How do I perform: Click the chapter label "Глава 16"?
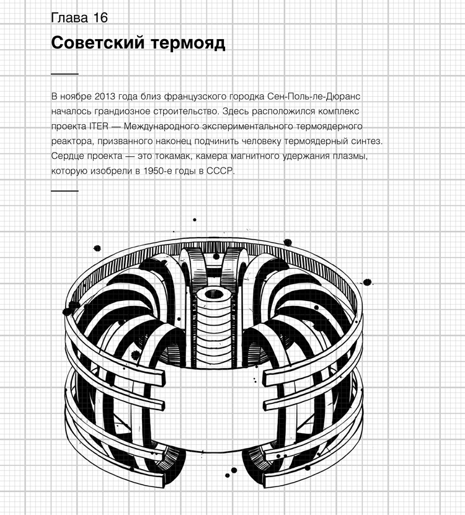[x=79, y=17]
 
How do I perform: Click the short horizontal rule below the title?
[x=64, y=74]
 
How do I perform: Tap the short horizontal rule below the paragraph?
[x=64, y=190]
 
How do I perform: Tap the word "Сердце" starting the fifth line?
[x=68, y=156]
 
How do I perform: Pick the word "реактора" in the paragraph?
[x=71, y=141]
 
